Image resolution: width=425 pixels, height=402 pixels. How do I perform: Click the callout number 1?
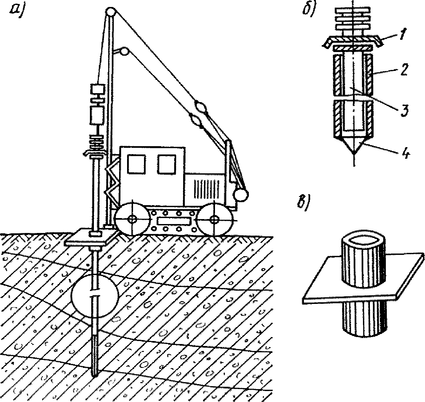pos(403,34)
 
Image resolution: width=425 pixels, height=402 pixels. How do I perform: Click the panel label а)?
pos(17,12)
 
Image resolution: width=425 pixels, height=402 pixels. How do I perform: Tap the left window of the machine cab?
pos(136,164)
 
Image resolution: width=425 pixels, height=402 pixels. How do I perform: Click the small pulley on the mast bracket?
pos(124,52)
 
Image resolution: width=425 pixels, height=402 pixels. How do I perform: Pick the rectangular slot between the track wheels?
pos(174,221)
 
